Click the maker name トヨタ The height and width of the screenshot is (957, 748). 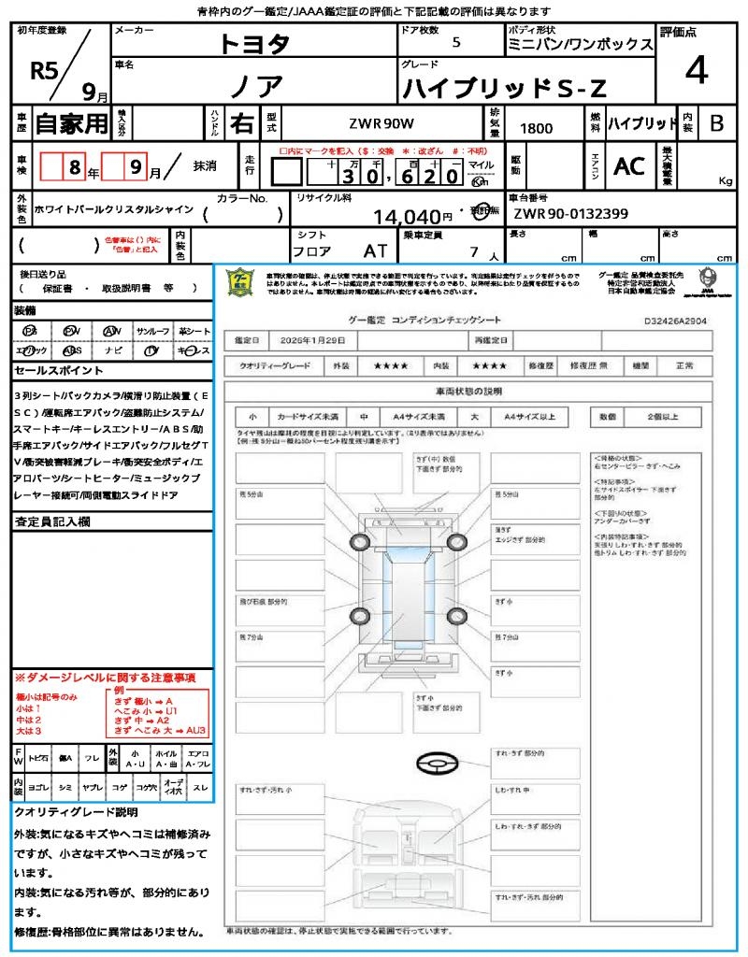(x=254, y=44)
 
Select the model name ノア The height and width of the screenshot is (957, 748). (x=256, y=86)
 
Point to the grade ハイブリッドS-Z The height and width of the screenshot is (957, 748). (x=504, y=88)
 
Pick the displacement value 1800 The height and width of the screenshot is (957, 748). (x=535, y=128)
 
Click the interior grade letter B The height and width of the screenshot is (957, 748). (x=716, y=122)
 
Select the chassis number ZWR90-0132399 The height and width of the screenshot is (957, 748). (x=570, y=214)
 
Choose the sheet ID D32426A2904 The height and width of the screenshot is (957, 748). (x=675, y=321)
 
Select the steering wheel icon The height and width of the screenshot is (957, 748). (x=436, y=764)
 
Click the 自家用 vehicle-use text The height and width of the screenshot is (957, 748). (x=71, y=122)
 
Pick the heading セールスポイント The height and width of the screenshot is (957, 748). (x=50, y=371)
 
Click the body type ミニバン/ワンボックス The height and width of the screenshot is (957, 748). (x=579, y=44)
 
